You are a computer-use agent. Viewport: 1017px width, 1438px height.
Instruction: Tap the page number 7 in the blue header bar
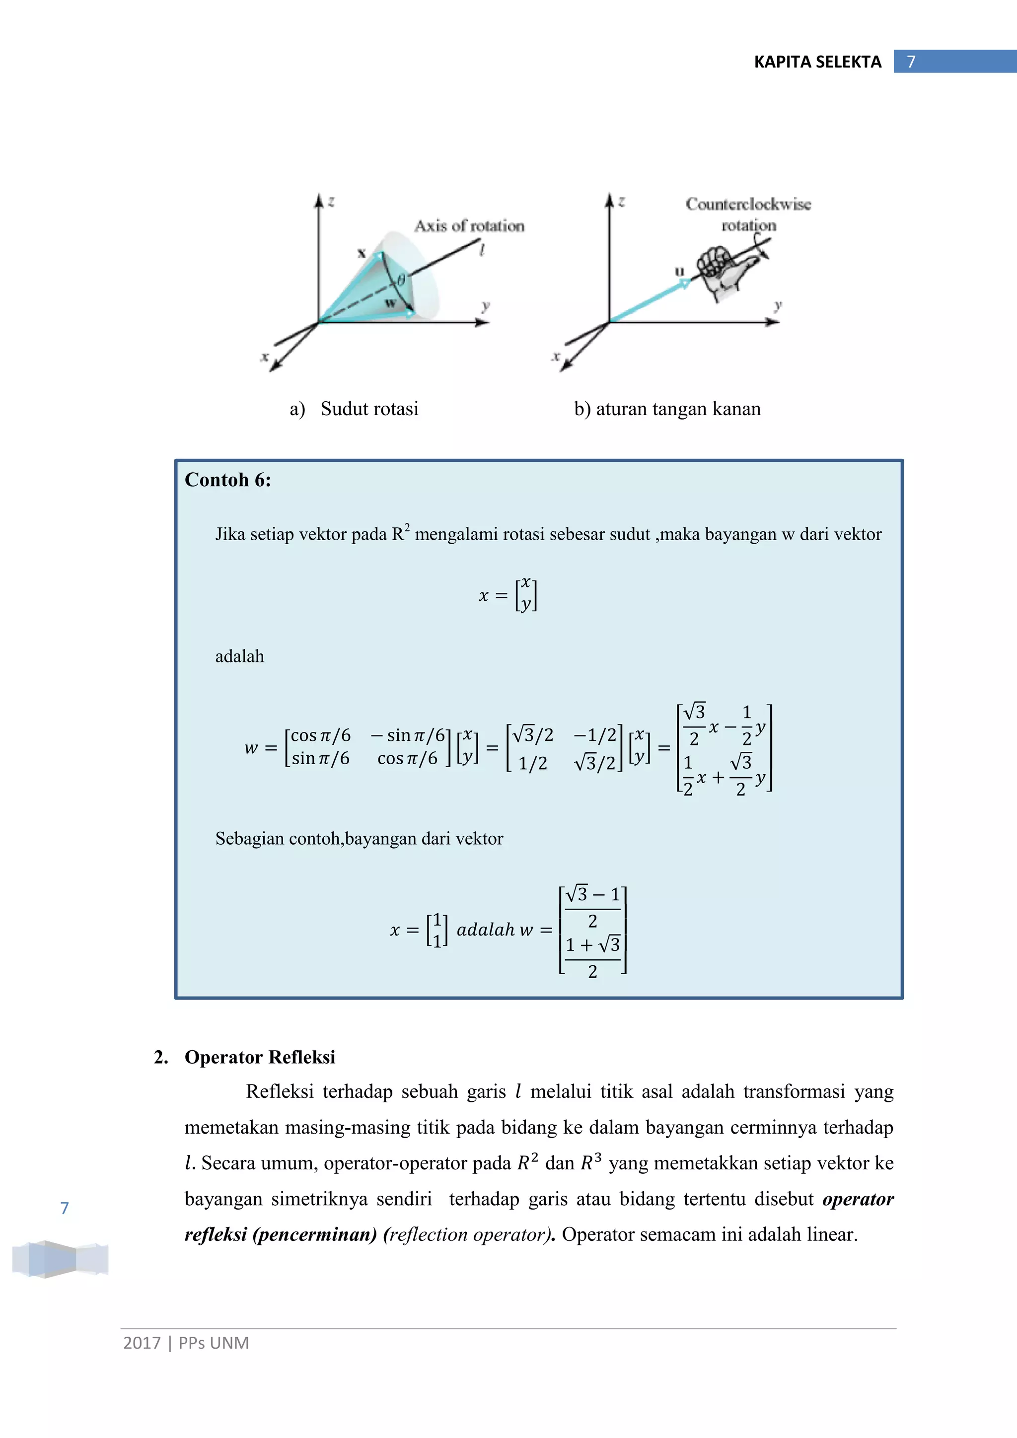[x=911, y=62]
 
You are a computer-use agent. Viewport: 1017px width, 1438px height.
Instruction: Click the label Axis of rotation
[x=469, y=226]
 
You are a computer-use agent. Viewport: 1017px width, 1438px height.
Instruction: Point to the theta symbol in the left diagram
[x=401, y=280]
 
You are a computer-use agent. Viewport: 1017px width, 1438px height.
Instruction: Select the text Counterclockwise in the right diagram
[x=748, y=204]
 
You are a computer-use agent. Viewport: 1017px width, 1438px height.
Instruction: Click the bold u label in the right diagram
[x=679, y=271]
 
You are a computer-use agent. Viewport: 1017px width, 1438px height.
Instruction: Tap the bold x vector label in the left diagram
[x=362, y=253]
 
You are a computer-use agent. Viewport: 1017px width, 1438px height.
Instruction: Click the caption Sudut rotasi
[x=369, y=409]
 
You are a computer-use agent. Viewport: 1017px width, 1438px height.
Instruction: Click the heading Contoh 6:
[x=227, y=480]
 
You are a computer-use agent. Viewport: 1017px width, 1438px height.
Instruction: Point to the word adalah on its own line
[x=239, y=656]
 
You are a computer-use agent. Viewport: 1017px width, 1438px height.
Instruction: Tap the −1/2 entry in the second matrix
[x=595, y=735]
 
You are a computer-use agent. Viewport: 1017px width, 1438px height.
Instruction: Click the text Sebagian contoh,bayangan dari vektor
[x=359, y=839]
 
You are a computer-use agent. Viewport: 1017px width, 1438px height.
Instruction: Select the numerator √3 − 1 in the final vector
[x=592, y=894]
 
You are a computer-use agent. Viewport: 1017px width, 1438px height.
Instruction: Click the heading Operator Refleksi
[x=259, y=1057]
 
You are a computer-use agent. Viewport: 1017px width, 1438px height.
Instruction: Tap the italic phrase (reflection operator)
[x=467, y=1234]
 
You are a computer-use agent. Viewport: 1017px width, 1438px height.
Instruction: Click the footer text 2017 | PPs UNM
[x=186, y=1343]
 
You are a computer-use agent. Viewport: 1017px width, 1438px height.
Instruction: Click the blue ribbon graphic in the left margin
[x=60, y=1258]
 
